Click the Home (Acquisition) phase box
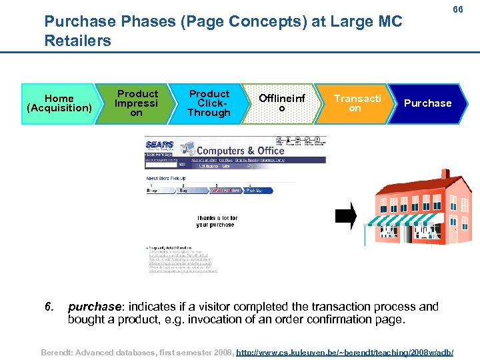pyautogui.click(x=59, y=103)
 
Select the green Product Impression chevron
pyautogui.click(x=136, y=103)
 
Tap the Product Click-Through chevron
pyautogui.click(x=209, y=103)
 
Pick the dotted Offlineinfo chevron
pyautogui.click(x=282, y=103)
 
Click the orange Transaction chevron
pyautogui.click(x=356, y=103)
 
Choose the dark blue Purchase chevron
pyautogui.click(x=427, y=103)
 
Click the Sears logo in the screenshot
pyautogui.click(x=160, y=145)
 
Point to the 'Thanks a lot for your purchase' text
pyautogui.click(x=217, y=221)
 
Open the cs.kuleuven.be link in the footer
pyautogui.click(x=345, y=351)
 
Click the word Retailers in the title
pyautogui.click(x=77, y=41)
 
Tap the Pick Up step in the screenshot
pyautogui.click(x=254, y=190)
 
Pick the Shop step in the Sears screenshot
pyautogui.click(x=153, y=190)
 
